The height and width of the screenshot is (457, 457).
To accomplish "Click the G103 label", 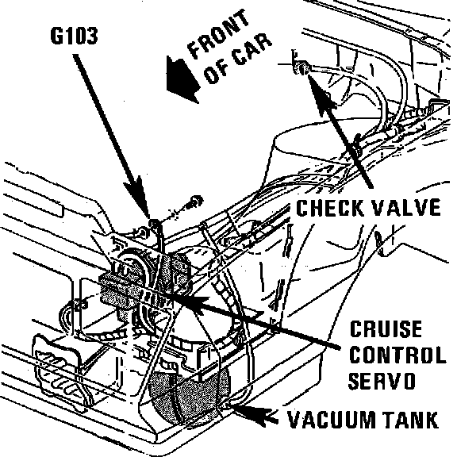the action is [x=74, y=36].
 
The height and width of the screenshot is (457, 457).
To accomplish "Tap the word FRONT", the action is [x=219, y=34].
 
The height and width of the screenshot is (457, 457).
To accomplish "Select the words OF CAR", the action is [x=238, y=59].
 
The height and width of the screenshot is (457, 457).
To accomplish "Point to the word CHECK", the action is [x=329, y=208].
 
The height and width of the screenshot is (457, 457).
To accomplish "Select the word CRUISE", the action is [x=386, y=328].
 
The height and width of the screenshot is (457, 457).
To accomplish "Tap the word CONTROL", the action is [x=397, y=354].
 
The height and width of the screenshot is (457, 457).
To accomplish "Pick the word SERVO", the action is [x=382, y=380].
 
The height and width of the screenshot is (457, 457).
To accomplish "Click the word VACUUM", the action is [x=332, y=420].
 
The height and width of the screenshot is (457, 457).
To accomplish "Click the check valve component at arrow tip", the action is [x=301, y=67].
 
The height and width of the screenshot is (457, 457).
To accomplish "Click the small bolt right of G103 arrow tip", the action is [x=196, y=202].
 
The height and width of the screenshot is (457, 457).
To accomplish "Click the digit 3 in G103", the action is [x=92, y=36].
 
